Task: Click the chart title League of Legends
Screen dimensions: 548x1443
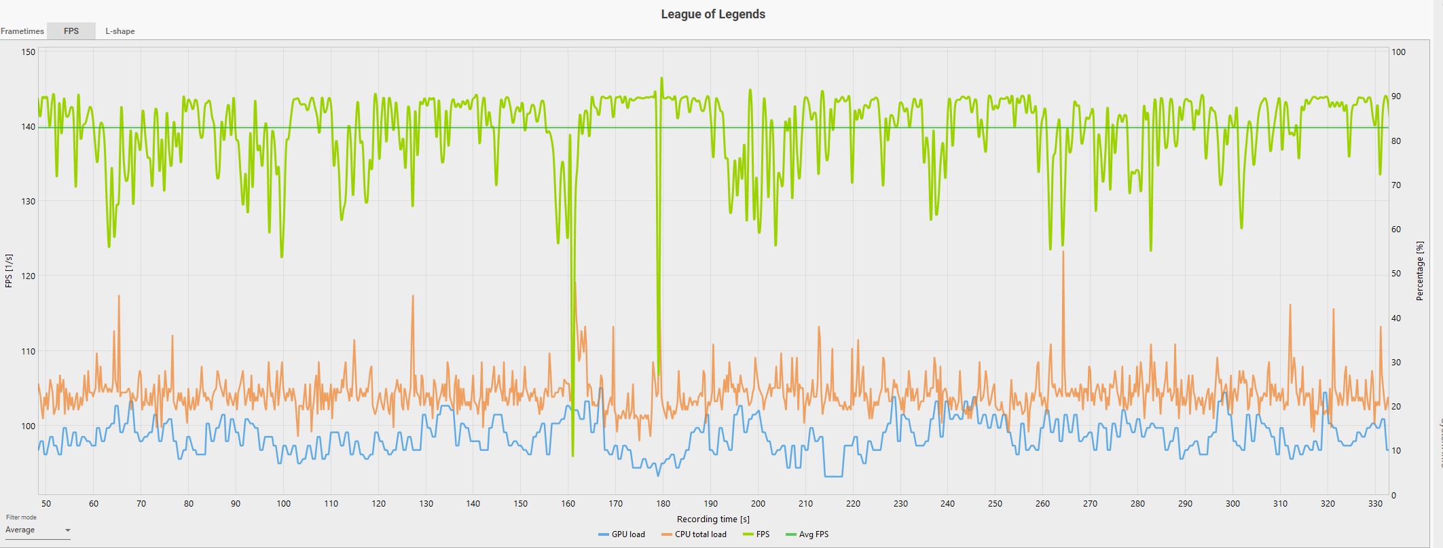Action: point(713,14)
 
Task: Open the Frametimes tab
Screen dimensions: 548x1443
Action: point(22,31)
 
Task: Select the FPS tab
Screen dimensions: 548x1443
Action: point(71,31)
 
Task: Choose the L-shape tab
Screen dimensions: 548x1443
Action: point(120,31)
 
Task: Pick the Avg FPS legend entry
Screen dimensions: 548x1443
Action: point(807,534)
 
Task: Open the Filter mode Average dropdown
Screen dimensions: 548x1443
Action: point(38,530)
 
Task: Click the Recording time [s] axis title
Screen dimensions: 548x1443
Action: point(713,519)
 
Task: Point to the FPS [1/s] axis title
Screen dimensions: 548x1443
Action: point(9,271)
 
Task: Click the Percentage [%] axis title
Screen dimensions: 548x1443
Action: point(1420,271)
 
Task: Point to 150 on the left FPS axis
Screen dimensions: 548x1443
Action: point(29,52)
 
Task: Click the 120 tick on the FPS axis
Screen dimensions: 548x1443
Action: point(29,276)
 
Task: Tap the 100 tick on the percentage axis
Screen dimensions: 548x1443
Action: point(1399,52)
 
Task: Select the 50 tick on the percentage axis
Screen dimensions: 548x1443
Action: point(1397,274)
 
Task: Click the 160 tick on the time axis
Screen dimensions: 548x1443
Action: point(568,504)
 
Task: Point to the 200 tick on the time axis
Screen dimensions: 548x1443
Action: point(758,504)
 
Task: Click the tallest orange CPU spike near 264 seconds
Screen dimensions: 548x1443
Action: point(1063,253)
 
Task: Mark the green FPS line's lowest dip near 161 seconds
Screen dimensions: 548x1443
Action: point(573,455)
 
